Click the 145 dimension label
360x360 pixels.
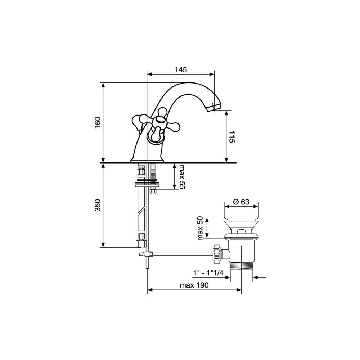coord(181,69)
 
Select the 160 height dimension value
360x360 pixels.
coord(98,123)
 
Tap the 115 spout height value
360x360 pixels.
coord(231,137)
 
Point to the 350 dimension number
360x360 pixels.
coord(98,205)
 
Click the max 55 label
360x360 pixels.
coord(182,176)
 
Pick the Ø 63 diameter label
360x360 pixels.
coord(241,202)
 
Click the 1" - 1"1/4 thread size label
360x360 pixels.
coord(208,273)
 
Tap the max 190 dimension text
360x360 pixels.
coord(194,285)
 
